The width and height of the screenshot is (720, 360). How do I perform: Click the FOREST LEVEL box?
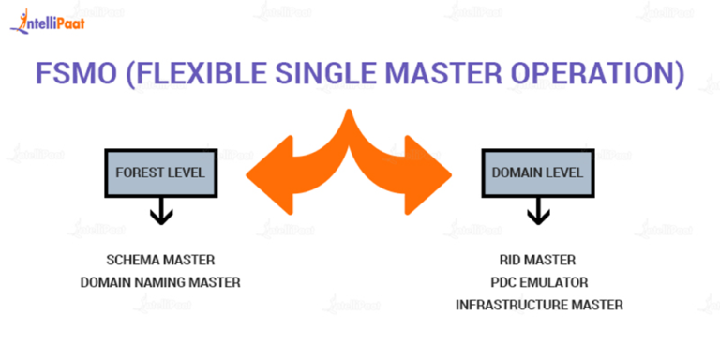[x=159, y=173]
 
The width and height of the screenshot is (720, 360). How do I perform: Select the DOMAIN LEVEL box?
[x=537, y=173]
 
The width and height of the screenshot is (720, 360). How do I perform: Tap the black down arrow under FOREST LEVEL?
[x=160, y=212]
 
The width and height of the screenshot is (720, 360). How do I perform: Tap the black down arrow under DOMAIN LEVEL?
[x=538, y=212]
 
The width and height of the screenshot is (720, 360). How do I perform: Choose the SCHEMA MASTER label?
[x=160, y=260]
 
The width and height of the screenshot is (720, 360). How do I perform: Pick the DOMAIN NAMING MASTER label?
[x=160, y=281]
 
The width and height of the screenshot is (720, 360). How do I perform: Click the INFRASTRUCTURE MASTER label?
[x=538, y=305]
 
